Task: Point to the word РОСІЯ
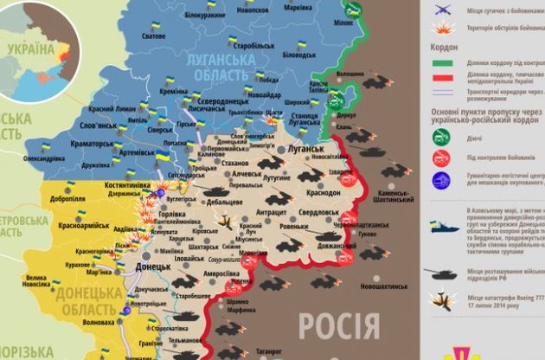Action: (x=338, y=326)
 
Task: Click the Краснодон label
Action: (x=322, y=193)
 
